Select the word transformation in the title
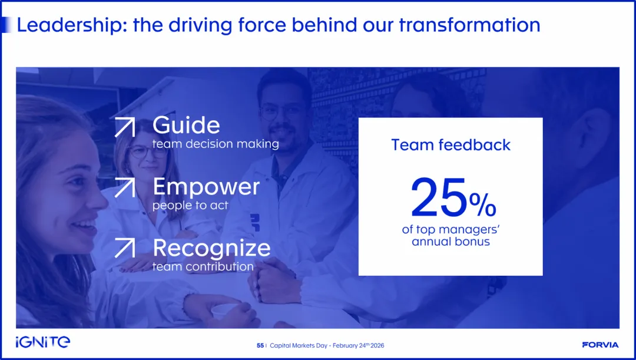click(469, 25)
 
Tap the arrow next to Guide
click(124, 127)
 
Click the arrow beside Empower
click(124, 188)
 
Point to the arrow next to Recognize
click(124, 247)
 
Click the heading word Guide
click(186, 125)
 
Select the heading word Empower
click(206, 187)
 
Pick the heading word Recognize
click(211, 248)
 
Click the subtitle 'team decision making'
click(216, 144)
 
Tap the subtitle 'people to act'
click(190, 206)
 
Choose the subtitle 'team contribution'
click(203, 267)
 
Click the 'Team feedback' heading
click(450, 145)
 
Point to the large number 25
click(439, 197)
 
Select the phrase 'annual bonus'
click(450, 242)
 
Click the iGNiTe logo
click(43, 342)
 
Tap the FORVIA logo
click(600, 345)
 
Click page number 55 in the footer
click(260, 346)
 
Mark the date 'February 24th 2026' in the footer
click(359, 345)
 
